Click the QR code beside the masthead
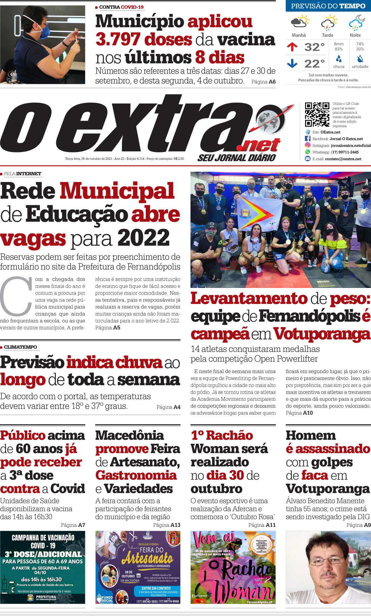click(317, 114)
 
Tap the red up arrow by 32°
click(292, 47)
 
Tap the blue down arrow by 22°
click(292, 63)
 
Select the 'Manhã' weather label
click(299, 35)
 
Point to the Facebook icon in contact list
click(308, 139)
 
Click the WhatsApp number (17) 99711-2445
click(345, 152)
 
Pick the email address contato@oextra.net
click(343, 159)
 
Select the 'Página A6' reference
click(263, 81)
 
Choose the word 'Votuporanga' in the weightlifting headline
click(322, 334)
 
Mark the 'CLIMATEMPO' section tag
click(21, 347)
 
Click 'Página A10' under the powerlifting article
click(299, 413)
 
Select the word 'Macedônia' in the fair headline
click(130, 435)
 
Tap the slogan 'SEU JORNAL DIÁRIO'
click(237, 158)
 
